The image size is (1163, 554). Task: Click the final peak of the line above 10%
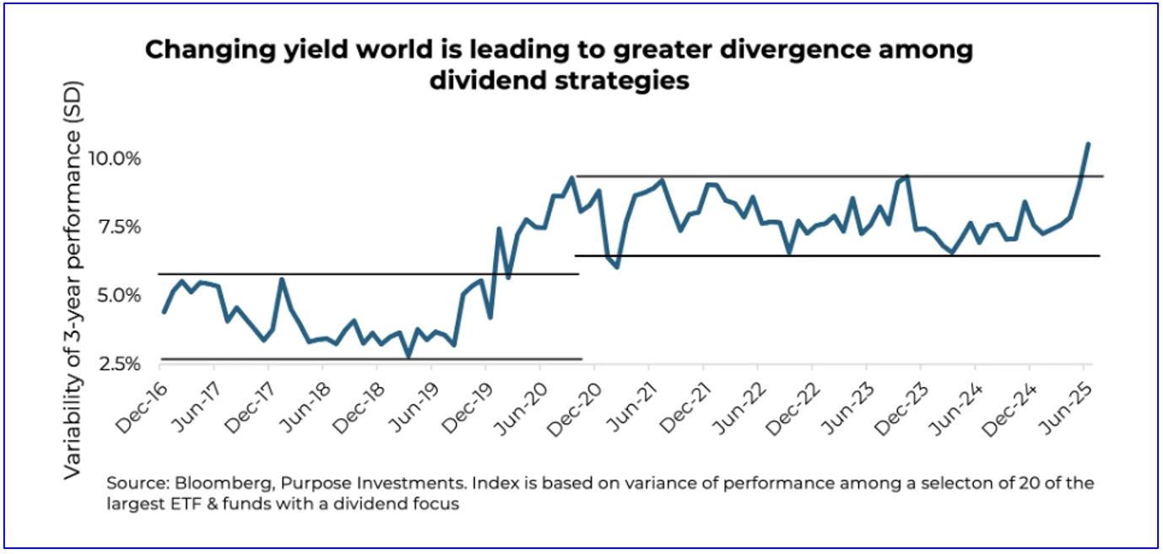1088,144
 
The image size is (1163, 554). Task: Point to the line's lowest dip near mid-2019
409,356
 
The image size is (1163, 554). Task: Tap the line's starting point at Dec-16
165,312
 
